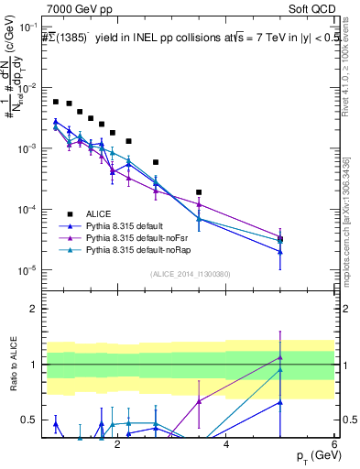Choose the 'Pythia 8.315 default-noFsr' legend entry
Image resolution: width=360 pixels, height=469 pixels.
pos(144,236)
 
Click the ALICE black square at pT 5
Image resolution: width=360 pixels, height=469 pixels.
pos(280,239)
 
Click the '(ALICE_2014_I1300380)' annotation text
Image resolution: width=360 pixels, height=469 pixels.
pos(190,274)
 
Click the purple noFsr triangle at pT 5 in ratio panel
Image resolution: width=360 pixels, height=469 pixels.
pos(280,358)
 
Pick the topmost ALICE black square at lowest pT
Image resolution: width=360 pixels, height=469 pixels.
pos(55,102)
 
